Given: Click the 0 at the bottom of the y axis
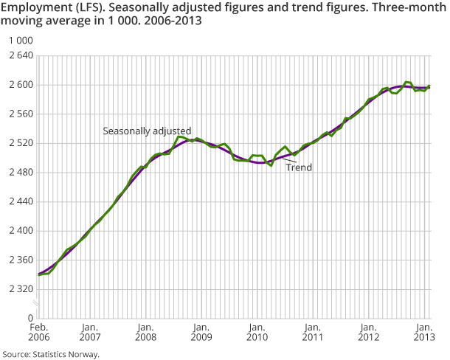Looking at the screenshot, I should tap(30, 318).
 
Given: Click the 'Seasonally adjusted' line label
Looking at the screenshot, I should tap(147, 131).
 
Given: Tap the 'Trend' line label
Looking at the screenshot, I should tap(300, 167).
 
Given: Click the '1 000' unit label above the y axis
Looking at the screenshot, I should tap(17, 41).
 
